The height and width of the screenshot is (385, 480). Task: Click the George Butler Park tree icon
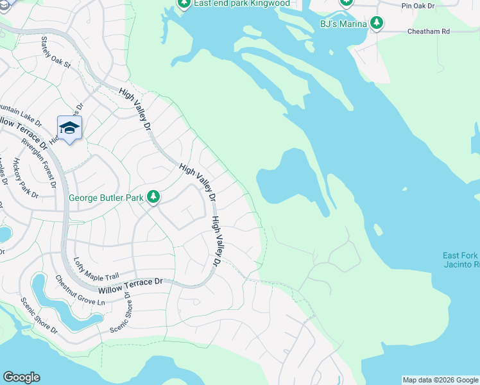tap(153, 197)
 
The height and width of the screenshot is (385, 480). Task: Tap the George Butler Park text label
tap(106, 198)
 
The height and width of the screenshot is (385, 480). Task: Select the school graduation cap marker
tap(69, 128)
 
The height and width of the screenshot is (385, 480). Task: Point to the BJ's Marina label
tap(343, 24)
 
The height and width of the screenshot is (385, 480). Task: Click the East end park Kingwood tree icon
tap(184, 4)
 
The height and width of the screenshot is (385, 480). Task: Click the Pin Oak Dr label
tap(419, 6)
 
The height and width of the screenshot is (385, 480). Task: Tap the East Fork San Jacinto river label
tap(461, 260)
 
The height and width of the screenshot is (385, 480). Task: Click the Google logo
tap(21, 377)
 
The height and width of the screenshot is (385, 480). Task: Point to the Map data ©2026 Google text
tap(440, 380)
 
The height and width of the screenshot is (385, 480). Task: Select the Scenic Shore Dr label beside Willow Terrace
tap(119, 312)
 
